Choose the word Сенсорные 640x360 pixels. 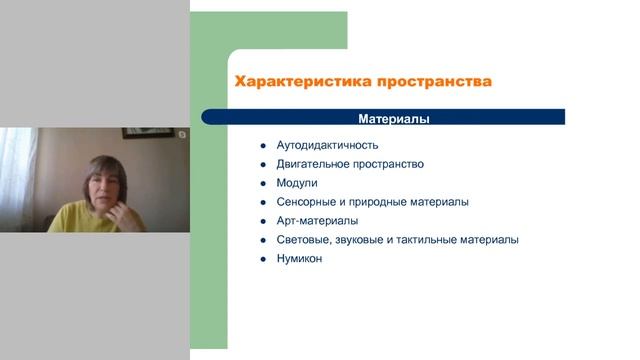(306, 202)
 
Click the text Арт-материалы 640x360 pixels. (317, 221)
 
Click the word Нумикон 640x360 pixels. (299, 259)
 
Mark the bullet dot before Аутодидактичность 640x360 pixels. (261, 145)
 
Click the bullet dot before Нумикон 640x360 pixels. (261, 259)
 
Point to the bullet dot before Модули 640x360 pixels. (261, 183)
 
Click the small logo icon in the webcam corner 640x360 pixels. (182, 133)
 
